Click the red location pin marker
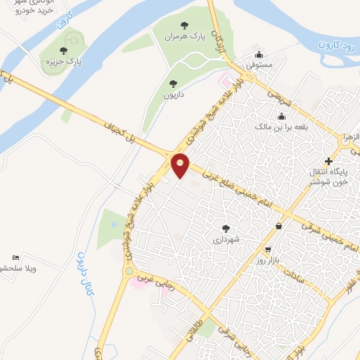(x=181, y=165)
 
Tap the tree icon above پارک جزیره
(x=63, y=51)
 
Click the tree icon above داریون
(x=173, y=84)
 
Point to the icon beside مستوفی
(x=259, y=55)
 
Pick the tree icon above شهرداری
(x=226, y=229)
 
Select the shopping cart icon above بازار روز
(x=268, y=250)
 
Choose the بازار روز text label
(x=268, y=261)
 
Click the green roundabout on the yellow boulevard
(x=128, y=270)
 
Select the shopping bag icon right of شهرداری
(x=281, y=226)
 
